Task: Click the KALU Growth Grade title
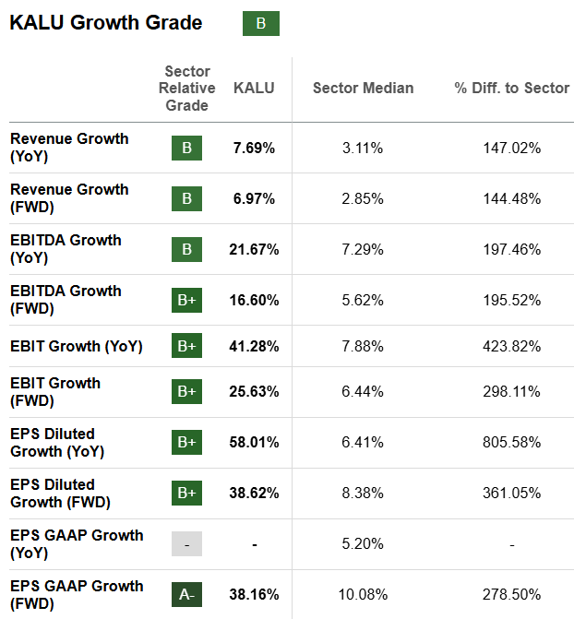tap(106, 23)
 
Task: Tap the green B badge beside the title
tap(260, 24)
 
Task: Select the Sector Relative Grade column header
tap(186, 89)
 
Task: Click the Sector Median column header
tap(363, 89)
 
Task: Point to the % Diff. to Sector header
tap(511, 89)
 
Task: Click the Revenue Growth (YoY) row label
tap(69, 148)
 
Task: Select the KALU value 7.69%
tap(254, 148)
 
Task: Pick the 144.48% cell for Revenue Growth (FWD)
tap(511, 198)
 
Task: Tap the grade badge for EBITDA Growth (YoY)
tap(186, 249)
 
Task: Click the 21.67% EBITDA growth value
tap(254, 249)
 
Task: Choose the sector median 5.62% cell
tap(363, 300)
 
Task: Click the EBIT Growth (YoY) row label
tap(77, 347)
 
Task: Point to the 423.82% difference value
tap(511, 347)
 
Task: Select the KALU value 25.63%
tap(254, 392)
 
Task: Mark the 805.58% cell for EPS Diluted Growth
tap(511, 443)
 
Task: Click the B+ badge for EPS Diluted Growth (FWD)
tap(186, 494)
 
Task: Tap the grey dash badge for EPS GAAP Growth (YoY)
tap(186, 544)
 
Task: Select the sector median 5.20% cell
tap(363, 544)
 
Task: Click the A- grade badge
tap(186, 595)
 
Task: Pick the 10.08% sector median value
tap(363, 595)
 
